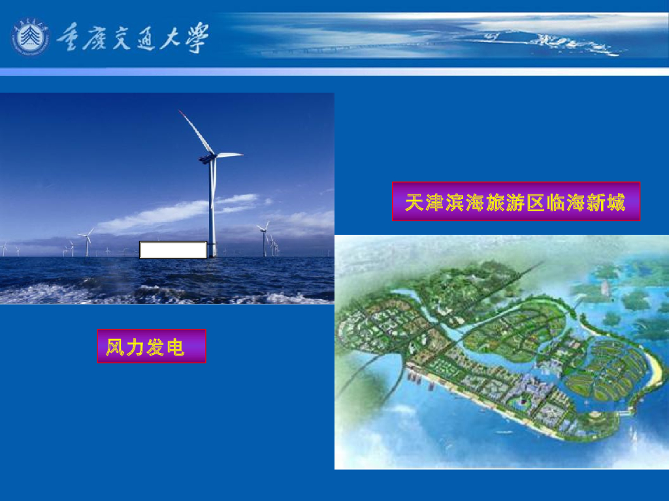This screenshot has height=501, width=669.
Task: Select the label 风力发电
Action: point(152,346)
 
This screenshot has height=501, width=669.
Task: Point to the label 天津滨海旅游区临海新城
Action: point(515,202)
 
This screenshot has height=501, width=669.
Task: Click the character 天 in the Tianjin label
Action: point(415,202)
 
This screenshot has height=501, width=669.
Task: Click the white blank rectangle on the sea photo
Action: point(173,250)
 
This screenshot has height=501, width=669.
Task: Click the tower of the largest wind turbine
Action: point(212,209)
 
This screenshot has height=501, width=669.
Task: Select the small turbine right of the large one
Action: point(264,238)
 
